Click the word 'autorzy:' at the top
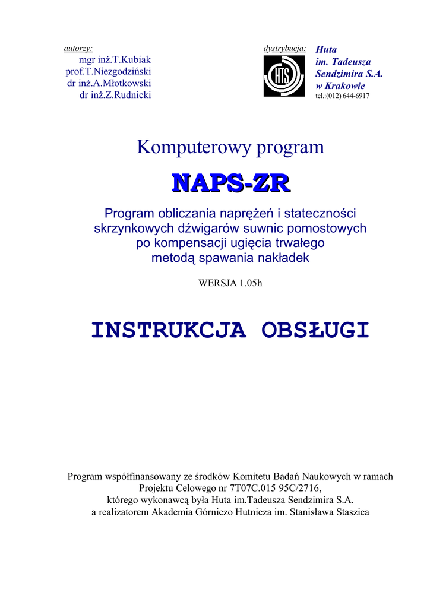click(x=78, y=48)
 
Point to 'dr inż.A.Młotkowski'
click(x=109, y=83)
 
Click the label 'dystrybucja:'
click(x=284, y=48)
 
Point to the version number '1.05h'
click(x=251, y=283)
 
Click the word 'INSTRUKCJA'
click(x=169, y=330)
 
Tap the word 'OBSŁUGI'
click(x=315, y=330)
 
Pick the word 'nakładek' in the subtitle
click(x=285, y=258)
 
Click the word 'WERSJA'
click(x=217, y=283)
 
